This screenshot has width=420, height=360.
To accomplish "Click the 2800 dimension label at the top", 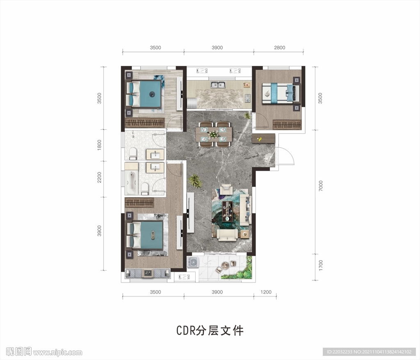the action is (x=279, y=48).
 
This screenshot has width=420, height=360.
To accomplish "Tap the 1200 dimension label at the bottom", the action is (x=266, y=292).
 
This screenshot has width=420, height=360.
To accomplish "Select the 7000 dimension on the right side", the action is (x=321, y=186).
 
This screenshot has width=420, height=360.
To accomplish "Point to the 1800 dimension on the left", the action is (x=99, y=145).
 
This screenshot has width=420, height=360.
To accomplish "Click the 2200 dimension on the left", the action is (x=99, y=177).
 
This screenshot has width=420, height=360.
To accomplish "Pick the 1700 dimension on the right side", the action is (x=321, y=265).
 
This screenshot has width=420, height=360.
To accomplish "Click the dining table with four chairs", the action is (x=214, y=134).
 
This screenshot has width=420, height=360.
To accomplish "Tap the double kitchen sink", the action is (x=218, y=85).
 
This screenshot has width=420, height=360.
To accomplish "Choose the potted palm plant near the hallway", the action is (x=195, y=181).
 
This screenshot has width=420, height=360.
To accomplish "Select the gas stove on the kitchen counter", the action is (x=247, y=98).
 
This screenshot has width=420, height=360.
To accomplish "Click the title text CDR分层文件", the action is (x=210, y=330).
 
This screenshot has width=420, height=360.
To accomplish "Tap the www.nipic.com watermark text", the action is (x=57, y=352).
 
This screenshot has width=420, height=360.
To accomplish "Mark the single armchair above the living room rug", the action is (x=226, y=189).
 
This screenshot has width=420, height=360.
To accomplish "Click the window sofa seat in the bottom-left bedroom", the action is (x=148, y=273).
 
